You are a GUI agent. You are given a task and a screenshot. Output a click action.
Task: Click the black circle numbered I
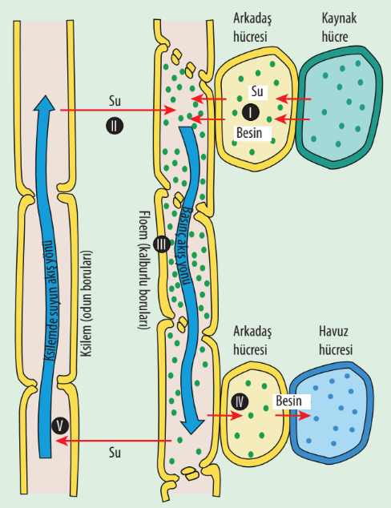click(x=251, y=112)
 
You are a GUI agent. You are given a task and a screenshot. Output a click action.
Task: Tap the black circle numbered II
click(x=115, y=126)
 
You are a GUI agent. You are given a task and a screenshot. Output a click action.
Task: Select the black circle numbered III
click(x=161, y=244)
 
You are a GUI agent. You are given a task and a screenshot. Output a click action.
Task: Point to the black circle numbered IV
click(x=240, y=402)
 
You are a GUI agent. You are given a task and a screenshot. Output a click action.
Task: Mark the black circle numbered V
click(x=60, y=425)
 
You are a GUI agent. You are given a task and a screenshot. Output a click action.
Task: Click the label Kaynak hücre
click(x=339, y=27)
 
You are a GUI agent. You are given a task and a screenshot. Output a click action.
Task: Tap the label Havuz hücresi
click(x=336, y=341)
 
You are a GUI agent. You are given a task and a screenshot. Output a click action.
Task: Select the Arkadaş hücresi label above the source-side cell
click(x=252, y=27)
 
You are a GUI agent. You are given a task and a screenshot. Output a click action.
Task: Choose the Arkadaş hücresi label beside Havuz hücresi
click(x=252, y=341)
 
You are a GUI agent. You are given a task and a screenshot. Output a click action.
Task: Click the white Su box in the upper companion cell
click(x=258, y=91)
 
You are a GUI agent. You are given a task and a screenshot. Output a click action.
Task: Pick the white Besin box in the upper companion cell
click(x=252, y=133)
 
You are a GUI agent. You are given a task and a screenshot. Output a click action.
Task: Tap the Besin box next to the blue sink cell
click(x=292, y=401)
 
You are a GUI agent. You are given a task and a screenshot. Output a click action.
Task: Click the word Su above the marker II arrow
click(x=115, y=101)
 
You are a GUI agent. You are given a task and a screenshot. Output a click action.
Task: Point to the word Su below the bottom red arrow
click(x=115, y=452)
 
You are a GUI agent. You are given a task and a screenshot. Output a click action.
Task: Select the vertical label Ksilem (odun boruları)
click(x=87, y=303)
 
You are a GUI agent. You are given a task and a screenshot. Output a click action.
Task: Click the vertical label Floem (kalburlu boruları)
click(x=144, y=270)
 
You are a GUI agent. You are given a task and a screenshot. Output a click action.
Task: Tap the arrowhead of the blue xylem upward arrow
click(x=44, y=103)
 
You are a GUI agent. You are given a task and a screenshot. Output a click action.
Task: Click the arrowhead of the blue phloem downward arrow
click(x=192, y=427)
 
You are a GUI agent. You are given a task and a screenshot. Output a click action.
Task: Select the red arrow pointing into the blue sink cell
click(x=292, y=415)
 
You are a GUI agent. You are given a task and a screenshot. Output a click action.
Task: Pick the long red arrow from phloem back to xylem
click(x=114, y=441)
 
